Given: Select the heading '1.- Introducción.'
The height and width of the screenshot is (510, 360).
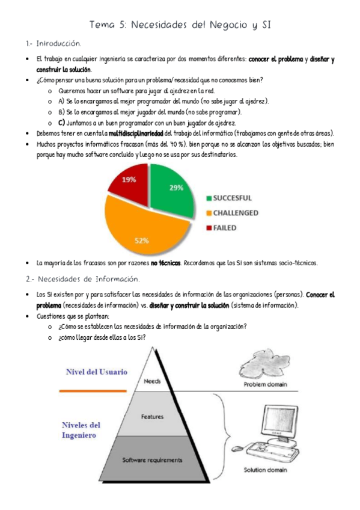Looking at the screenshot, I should (53, 45).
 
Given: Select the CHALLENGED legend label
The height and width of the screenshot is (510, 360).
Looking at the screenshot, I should (237, 212).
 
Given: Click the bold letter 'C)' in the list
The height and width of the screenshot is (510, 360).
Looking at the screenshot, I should (61, 121).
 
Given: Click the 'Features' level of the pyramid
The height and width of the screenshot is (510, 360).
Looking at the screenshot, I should (152, 416).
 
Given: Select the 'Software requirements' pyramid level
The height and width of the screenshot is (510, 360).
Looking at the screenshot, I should (152, 460).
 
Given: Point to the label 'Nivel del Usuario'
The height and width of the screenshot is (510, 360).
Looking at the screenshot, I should (97, 372).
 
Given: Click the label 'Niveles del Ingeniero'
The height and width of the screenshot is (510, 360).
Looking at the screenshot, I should (81, 430).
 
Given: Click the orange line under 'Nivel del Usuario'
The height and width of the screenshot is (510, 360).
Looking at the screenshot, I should (94, 390).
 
